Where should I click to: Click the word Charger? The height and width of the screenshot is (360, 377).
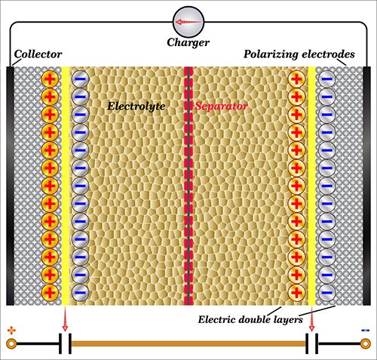188,43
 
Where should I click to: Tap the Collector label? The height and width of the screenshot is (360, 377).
37,56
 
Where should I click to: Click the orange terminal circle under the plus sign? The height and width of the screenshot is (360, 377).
11,345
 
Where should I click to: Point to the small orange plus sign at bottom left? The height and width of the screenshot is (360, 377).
11,330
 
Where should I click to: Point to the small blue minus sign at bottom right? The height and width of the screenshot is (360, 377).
365,330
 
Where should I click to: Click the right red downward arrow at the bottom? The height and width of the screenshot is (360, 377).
312,320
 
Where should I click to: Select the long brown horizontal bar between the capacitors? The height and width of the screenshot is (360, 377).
188,345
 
